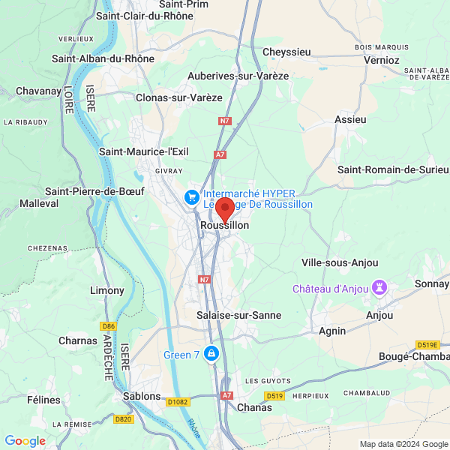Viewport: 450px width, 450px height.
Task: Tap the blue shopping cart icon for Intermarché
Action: [x=192, y=197]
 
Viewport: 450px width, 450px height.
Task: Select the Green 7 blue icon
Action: [x=212, y=353]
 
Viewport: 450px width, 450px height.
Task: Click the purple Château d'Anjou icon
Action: [x=380, y=288]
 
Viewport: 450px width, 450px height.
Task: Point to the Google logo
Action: [x=25, y=441]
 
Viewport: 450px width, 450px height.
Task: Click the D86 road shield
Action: [x=109, y=325]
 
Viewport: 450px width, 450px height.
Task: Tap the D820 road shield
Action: [x=124, y=419]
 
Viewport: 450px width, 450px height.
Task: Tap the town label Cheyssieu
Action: [x=286, y=52]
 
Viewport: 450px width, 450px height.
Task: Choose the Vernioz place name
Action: [x=382, y=59]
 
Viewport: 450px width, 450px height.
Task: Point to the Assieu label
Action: [x=350, y=119]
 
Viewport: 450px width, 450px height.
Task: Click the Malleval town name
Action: [x=39, y=203]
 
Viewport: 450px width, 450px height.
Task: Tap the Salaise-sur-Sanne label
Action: [x=238, y=316]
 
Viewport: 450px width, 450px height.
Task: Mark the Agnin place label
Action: [x=332, y=331]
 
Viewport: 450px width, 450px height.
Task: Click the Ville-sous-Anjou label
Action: [x=340, y=262]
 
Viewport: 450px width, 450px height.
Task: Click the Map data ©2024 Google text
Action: [x=403, y=444]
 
